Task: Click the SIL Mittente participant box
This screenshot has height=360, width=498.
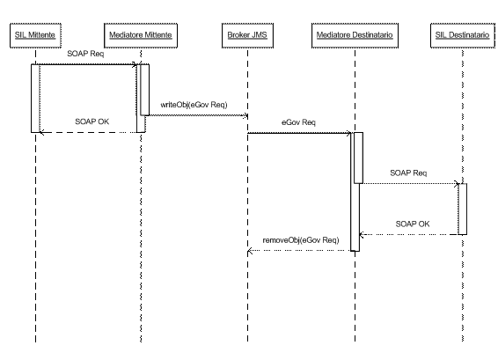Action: pyautogui.click(x=35, y=35)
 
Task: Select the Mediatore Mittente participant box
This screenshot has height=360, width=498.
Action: pyautogui.click(x=141, y=35)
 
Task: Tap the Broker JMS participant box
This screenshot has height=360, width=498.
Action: pyautogui.click(x=247, y=35)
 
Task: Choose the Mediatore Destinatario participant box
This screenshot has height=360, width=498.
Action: pyautogui.click(x=355, y=35)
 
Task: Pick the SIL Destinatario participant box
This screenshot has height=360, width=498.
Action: pyautogui.click(x=463, y=35)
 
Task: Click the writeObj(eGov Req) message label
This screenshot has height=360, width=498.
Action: pyautogui.click(x=194, y=105)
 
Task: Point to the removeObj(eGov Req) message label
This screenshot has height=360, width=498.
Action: pyautogui.click(x=301, y=240)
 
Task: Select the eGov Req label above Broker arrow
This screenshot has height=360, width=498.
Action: pyautogui.click(x=298, y=122)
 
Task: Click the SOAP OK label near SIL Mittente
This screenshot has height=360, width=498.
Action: pyautogui.click(x=92, y=121)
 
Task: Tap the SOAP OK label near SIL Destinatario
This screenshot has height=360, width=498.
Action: pyautogui.click(x=413, y=224)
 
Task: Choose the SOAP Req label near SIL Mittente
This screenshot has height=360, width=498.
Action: pyautogui.click(x=85, y=54)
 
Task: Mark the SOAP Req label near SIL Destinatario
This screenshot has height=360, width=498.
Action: pyautogui.click(x=408, y=173)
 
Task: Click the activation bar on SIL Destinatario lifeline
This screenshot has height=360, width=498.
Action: pyautogui.click(x=463, y=209)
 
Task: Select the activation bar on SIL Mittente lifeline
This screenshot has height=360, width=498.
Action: pyautogui.click(x=35, y=99)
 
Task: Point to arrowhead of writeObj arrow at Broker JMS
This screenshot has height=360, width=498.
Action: pyautogui.click(x=245, y=115)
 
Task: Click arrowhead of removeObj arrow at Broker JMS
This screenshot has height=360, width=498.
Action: pyautogui.click(x=249, y=251)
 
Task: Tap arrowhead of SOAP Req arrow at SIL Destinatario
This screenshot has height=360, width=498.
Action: pyautogui.click(x=457, y=183)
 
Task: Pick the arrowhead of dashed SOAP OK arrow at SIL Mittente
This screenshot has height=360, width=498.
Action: pyautogui.click(x=41, y=133)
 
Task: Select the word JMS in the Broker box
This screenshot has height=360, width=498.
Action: pyautogui.click(x=260, y=35)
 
